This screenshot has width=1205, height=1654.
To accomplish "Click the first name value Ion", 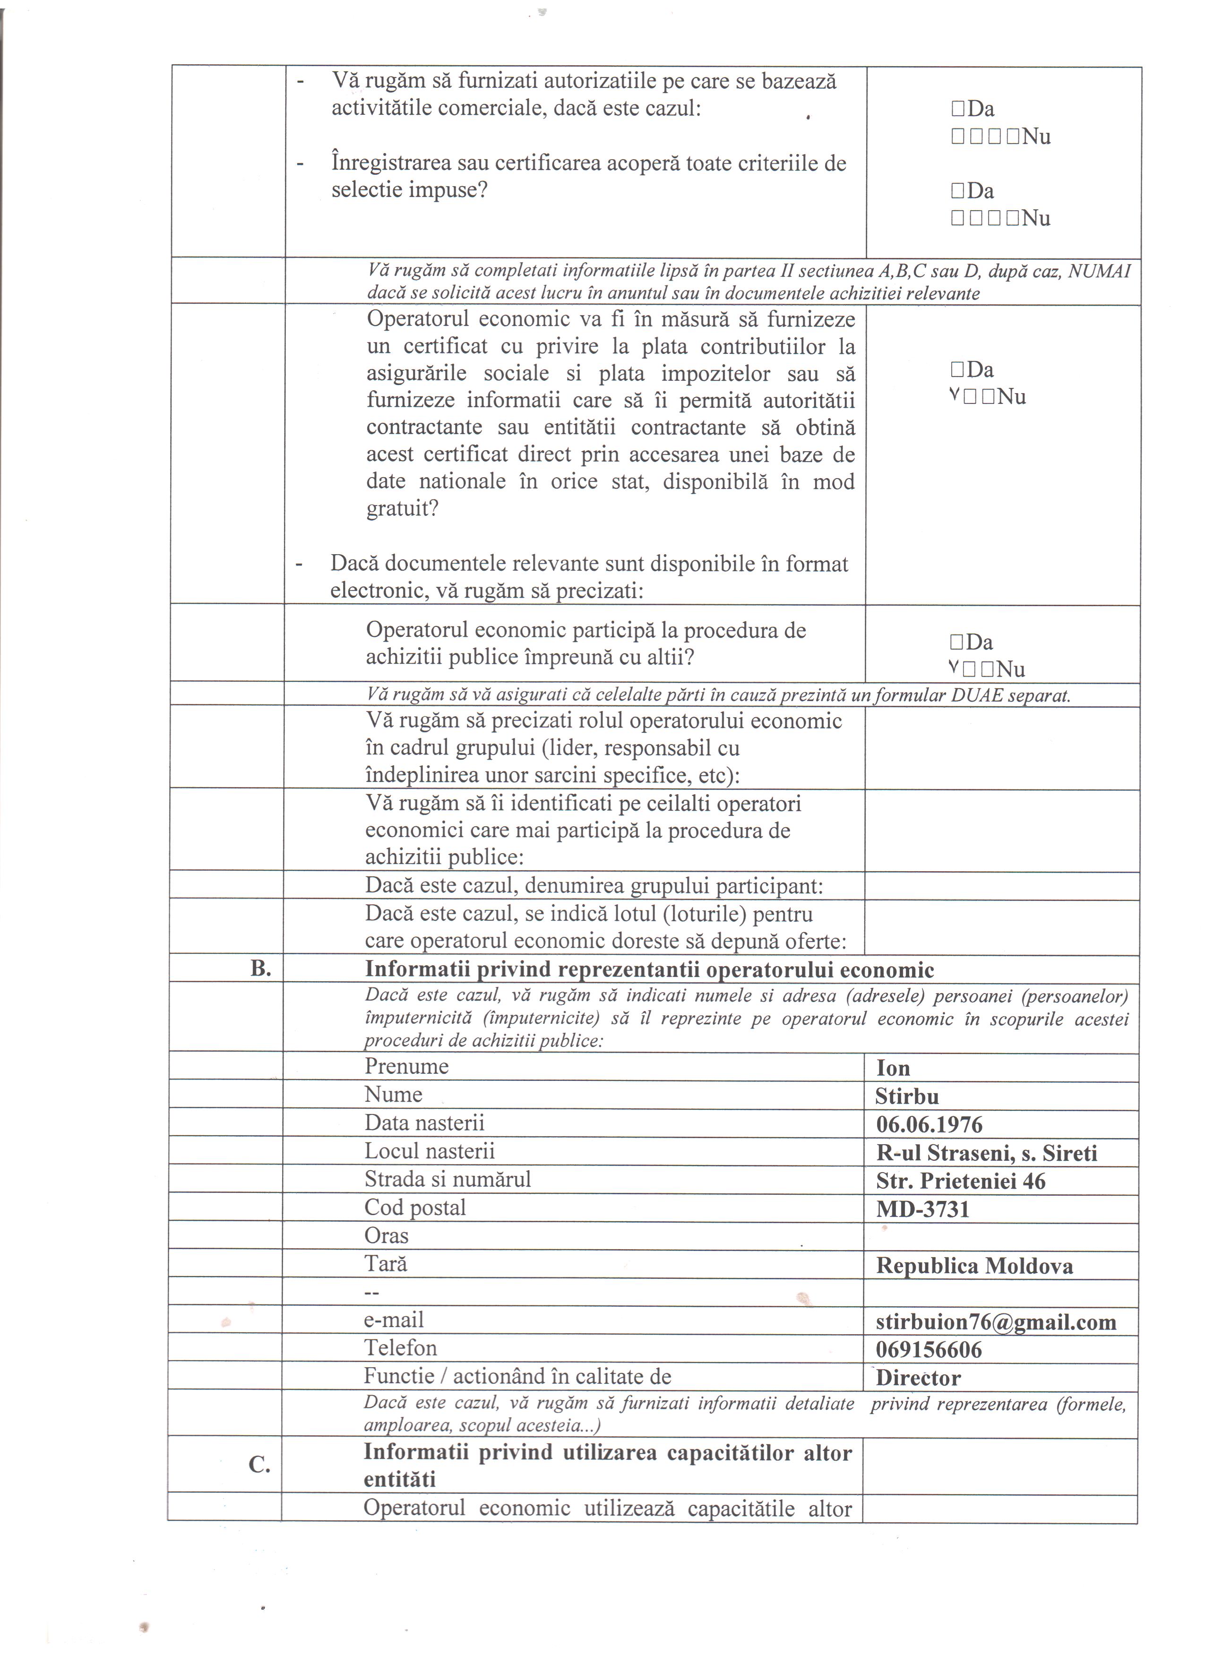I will tap(893, 1068).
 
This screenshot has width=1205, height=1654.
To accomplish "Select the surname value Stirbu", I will tap(907, 1097).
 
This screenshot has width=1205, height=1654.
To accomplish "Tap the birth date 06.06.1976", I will tap(930, 1124).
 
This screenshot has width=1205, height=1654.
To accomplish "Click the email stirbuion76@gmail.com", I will tap(996, 1322).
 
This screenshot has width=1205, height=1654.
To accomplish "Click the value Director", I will tap(918, 1379).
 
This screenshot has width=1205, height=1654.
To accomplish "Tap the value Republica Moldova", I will tap(974, 1266).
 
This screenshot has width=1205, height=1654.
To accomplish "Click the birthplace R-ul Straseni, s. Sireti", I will tap(986, 1153).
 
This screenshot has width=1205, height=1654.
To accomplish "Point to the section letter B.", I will tap(260, 969).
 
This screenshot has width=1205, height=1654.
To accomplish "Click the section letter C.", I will tap(260, 1465).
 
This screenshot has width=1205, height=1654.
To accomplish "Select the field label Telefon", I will tap(400, 1348).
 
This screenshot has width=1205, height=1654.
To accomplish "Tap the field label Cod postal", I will tap(415, 1208).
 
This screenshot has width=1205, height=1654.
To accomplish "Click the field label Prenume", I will tap(406, 1067).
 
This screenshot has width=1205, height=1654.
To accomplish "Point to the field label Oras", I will tap(387, 1235).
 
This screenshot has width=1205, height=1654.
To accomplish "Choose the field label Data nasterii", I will tap(424, 1123).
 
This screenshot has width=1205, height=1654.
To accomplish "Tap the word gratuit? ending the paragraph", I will tap(402, 508).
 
